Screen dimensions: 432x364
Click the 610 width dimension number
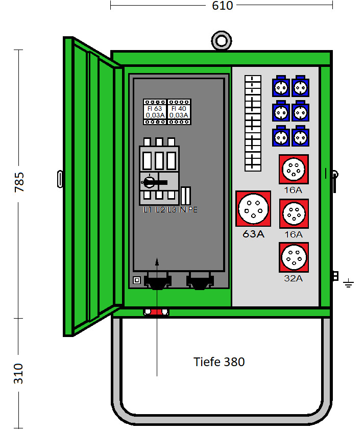coord(222,6)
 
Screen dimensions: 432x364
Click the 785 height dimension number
coord(19,182)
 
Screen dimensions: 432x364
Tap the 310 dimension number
coord(18,374)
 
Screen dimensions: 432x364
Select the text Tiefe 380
coord(219,362)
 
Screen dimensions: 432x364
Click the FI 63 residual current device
coord(155,112)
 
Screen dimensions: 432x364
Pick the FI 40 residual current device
coord(179,112)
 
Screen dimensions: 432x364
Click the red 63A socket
coord(253,208)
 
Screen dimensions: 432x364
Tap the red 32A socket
coord(294,257)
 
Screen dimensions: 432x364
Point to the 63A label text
coord(253,234)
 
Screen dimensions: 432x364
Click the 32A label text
coord(294,278)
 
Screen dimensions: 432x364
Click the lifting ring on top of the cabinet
coord(222,41)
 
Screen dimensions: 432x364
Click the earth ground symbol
coord(349,283)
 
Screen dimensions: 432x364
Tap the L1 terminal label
coord(148,210)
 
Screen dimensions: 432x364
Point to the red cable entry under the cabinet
coord(156,311)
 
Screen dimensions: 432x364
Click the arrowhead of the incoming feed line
coord(157,262)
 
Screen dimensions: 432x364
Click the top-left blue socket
coord(280,87)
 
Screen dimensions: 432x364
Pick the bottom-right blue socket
coord(300,136)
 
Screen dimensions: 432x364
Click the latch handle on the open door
coord(60,179)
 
